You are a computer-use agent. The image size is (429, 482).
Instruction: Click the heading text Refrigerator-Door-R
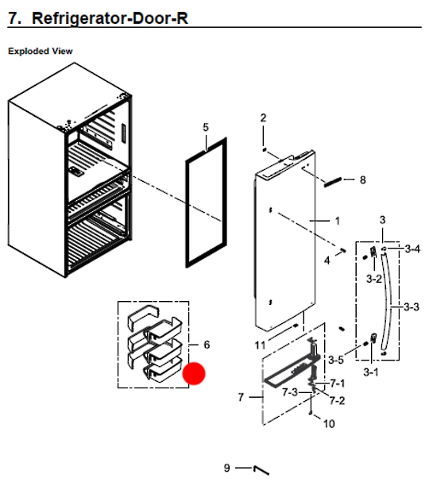(x=107, y=17)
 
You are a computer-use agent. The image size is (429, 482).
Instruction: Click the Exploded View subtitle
(x=41, y=51)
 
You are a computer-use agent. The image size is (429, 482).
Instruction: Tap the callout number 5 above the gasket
(x=206, y=127)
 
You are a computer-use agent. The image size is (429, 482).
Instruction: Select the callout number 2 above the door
(x=264, y=118)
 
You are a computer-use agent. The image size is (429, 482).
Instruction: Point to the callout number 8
(x=362, y=180)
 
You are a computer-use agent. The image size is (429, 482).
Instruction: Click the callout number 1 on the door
(x=336, y=220)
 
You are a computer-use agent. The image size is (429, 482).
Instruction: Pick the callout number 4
(x=327, y=260)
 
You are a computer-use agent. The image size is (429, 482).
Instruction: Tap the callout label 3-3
(x=412, y=307)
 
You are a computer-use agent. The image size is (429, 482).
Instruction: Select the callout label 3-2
(x=373, y=279)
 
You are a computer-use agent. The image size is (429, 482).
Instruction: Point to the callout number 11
(x=260, y=345)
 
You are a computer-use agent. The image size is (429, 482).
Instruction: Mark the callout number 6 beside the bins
(x=207, y=345)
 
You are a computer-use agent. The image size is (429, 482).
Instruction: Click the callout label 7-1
(x=338, y=384)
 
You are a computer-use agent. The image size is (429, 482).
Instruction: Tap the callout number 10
(x=328, y=424)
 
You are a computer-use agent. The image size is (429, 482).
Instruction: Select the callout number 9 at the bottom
(x=227, y=468)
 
